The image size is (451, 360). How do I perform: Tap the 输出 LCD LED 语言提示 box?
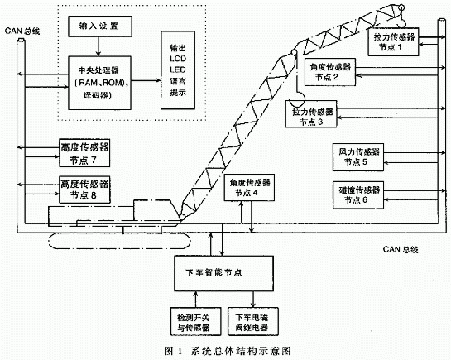(175, 74)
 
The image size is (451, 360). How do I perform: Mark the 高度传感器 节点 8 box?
(84, 189)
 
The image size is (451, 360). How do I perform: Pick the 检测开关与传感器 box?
(185, 321)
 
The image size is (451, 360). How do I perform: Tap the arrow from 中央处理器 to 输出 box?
(146, 81)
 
